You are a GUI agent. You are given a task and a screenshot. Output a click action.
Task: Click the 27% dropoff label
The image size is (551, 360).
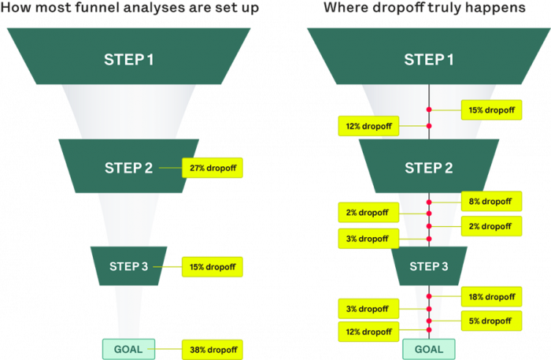pyautogui.click(x=213, y=168)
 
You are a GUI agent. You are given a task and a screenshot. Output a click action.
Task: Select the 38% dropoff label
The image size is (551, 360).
pyautogui.click(x=213, y=348)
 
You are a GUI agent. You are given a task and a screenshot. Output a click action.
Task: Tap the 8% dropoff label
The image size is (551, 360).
pyautogui.click(x=490, y=202)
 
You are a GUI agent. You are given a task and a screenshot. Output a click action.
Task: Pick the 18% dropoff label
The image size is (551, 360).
pyautogui.click(x=490, y=296)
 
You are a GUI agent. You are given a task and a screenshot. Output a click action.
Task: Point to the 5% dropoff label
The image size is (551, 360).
pyautogui.click(x=490, y=321)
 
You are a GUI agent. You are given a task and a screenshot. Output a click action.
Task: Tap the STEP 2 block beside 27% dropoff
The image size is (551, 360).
pyautogui.click(x=129, y=168)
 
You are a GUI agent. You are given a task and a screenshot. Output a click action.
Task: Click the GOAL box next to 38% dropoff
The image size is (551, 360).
pyautogui.click(x=129, y=348)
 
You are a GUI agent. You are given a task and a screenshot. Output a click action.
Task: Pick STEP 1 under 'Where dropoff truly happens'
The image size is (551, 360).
pyautogui.click(x=429, y=59)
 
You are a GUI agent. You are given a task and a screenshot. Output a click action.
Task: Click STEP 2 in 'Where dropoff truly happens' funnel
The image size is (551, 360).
pyautogui.click(x=429, y=168)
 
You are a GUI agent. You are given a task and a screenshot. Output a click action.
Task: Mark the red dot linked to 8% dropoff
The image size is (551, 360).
pyautogui.click(x=429, y=202)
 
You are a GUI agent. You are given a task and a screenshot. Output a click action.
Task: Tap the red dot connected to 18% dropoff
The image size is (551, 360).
pyautogui.click(x=429, y=296)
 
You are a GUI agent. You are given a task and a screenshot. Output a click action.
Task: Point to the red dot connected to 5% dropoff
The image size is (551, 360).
pyautogui.click(x=429, y=321)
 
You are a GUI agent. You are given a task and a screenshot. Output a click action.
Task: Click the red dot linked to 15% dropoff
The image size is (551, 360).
pyautogui.click(x=429, y=110)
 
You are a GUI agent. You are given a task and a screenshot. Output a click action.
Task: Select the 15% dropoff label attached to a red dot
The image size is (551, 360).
pyautogui.click(x=490, y=110)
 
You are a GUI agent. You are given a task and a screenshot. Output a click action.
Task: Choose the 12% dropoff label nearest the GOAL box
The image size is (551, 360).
pyautogui.click(x=368, y=332)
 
